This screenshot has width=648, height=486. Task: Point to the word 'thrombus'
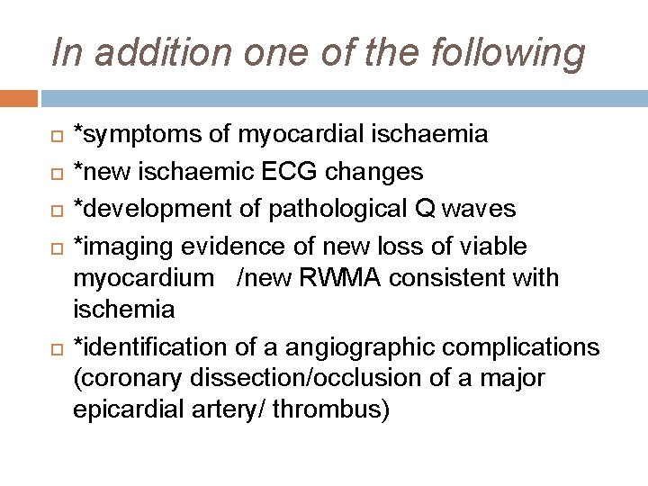tap(329, 411)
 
